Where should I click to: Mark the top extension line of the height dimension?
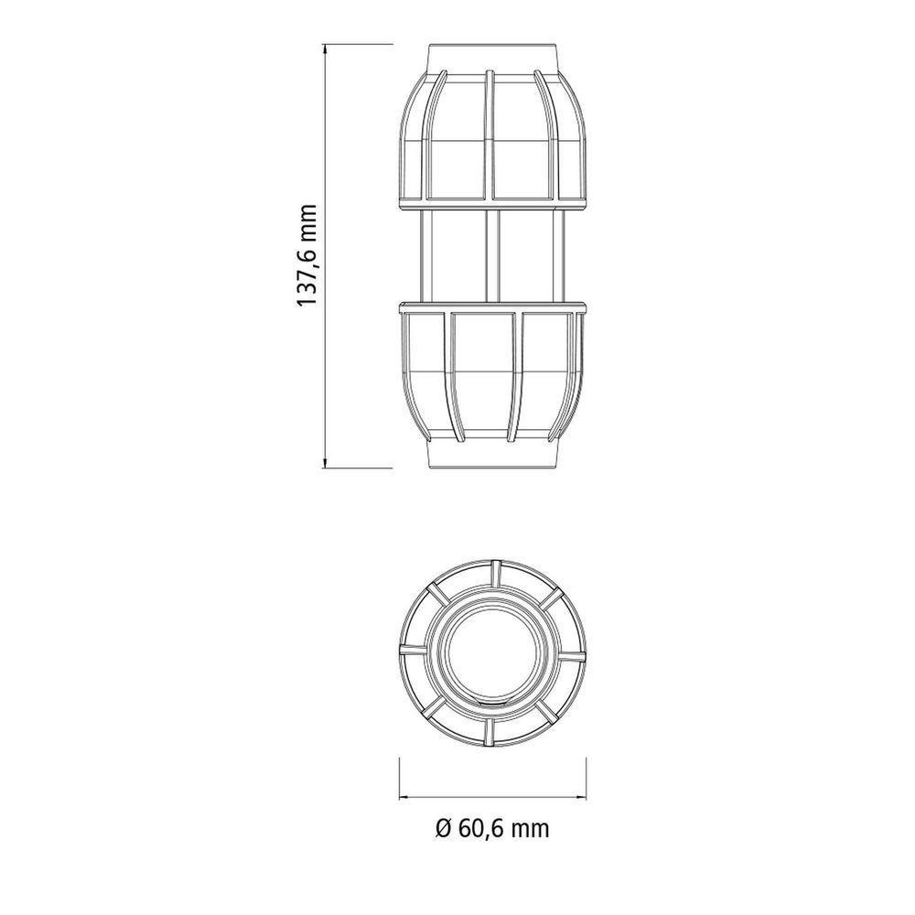361,42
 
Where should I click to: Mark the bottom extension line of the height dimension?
361,468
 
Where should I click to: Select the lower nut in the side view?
492,375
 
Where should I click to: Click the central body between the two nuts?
492,256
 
